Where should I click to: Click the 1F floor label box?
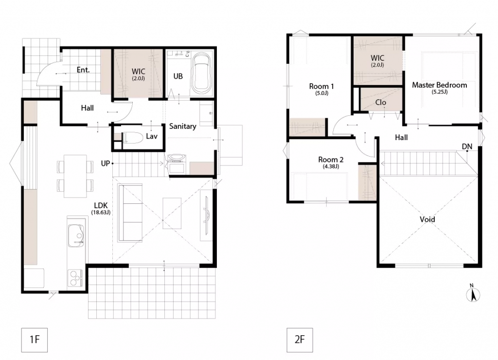click(x=35, y=340)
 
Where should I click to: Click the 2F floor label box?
click(x=300, y=340)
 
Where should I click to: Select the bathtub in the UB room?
click(x=202, y=73)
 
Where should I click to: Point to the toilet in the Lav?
click(x=132, y=138)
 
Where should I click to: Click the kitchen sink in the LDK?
click(x=76, y=235)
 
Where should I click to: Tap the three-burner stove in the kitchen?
click(x=75, y=278)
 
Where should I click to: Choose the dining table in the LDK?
click(x=75, y=176)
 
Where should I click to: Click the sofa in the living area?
click(x=130, y=213)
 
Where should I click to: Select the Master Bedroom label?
click(x=439, y=85)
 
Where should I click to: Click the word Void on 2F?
click(x=427, y=219)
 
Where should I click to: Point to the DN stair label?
click(x=467, y=146)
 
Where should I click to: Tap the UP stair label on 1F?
click(x=105, y=163)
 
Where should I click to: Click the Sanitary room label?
click(x=183, y=126)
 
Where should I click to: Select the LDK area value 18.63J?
click(x=101, y=213)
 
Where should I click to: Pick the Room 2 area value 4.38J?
click(x=331, y=166)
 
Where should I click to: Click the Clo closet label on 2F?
click(x=380, y=102)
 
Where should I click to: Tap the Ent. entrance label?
click(x=83, y=70)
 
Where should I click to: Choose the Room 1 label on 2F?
click(x=321, y=86)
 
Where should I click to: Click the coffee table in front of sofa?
click(x=172, y=213)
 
